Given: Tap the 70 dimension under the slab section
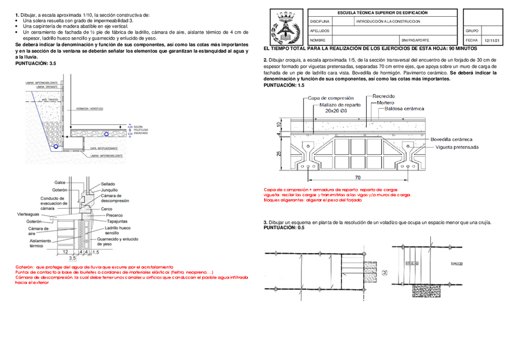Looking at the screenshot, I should tap(357, 178).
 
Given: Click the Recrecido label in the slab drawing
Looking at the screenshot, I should tap(384, 96).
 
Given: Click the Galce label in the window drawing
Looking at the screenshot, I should tap(60, 182).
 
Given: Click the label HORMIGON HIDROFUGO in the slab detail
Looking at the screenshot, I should tap(89, 109).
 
